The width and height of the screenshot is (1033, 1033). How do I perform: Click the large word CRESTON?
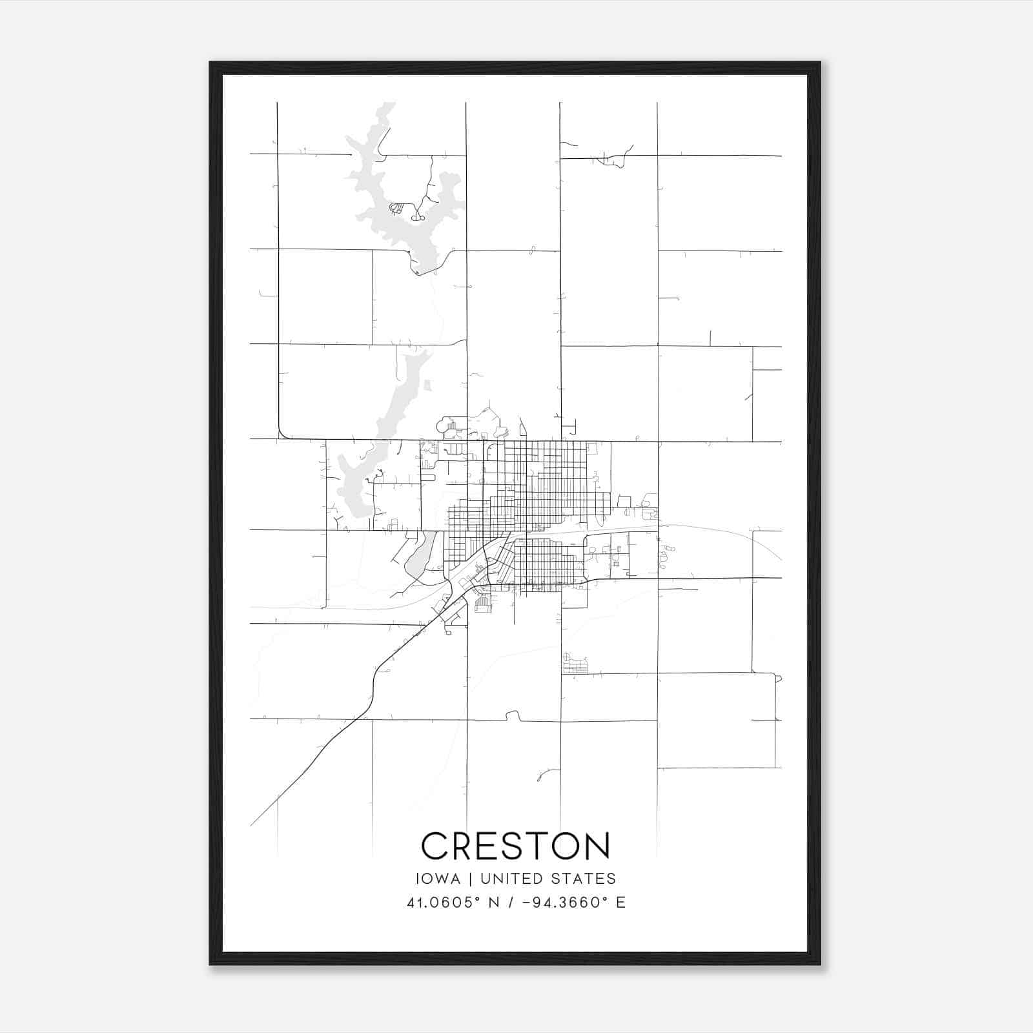pos(515,845)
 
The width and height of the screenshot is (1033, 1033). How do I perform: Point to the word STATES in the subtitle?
pos(584,879)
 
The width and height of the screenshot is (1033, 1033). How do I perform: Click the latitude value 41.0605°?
pos(443,903)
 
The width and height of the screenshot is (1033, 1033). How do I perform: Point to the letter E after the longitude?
pos(620,903)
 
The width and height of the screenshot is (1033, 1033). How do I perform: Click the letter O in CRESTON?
pos(562,845)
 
